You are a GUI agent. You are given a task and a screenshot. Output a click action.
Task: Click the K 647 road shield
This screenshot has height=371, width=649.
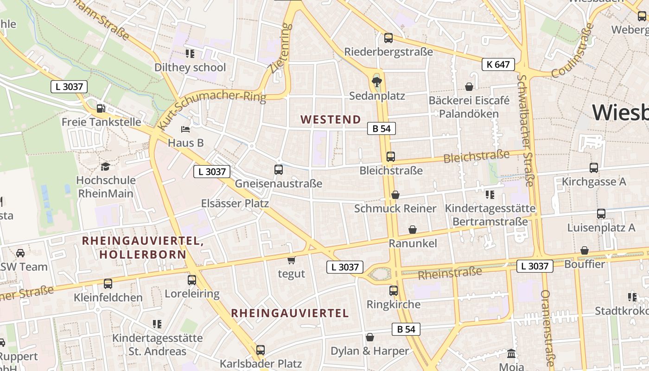click(x=498, y=64)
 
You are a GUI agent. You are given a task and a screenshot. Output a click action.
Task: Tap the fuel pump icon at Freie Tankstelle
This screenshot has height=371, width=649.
click(x=101, y=109)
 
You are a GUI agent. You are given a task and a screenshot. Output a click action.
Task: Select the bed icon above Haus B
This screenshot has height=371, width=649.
click(x=185, y=129)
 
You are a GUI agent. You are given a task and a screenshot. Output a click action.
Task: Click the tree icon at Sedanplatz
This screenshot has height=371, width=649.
click(x=377, y=83)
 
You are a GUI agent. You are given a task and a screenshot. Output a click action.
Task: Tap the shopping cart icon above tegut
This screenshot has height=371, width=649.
click(x=291, y=260)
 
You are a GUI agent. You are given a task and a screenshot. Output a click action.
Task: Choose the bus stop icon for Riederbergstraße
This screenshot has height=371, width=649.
click(x=388, y=38)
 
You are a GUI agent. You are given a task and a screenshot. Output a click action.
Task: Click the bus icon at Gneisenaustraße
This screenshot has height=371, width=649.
click(x=278, y=170)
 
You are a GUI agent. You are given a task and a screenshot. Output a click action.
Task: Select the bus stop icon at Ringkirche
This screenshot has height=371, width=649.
click(x=393, y=291)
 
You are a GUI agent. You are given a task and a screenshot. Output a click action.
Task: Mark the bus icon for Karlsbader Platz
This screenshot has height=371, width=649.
click(x=261, y=350)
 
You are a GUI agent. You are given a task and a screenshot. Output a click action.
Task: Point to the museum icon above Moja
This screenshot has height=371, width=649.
click(x=511, y=353)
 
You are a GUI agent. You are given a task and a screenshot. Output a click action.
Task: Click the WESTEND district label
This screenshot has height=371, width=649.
click(x=331, y=120)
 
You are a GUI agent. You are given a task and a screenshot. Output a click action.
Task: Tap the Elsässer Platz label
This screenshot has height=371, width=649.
click(x=235, y=203)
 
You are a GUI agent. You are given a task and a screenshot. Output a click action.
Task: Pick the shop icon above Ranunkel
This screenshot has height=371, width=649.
click(x=412, y=230)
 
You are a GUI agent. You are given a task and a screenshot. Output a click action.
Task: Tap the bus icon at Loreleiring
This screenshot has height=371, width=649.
click(x=191, y=280)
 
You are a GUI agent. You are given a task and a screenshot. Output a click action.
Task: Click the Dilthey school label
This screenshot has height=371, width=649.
click(x=190, y=67)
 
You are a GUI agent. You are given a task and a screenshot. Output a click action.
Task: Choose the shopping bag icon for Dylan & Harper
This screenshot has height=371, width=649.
click(x=369, y=337)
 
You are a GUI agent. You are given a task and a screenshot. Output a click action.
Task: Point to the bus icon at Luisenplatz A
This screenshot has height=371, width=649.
click(x=601, y=214)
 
